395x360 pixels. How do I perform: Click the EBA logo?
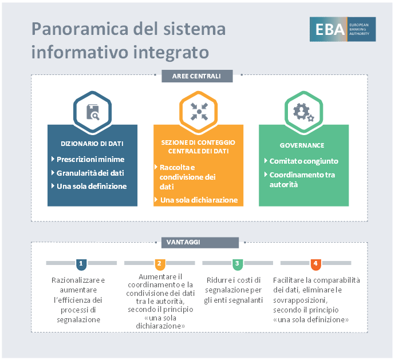click(x=342, y=29)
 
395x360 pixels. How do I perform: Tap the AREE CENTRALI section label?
click(x=197, y=76)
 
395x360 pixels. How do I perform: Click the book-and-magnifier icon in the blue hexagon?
click(x=93, y=112)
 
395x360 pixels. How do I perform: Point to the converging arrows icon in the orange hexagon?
click(x=199, y=112)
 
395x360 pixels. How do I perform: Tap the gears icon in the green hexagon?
click(x=303, y=112)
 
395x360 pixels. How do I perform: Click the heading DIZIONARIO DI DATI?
click(x=92, y=144)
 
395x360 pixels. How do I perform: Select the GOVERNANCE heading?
click(x=302, y=145)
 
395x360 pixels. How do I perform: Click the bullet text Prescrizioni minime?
click(x=90, y=160)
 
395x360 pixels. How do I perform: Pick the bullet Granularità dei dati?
click(x=90, y=173)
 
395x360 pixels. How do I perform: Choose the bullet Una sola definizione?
click(x=92, y=186)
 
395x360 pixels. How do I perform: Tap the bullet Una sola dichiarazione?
click(x=199, y=200)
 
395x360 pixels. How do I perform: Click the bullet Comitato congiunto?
click(x=304, y=161)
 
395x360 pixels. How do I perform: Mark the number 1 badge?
click(x=81, y=264)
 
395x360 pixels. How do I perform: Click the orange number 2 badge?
click(x=160, y=264)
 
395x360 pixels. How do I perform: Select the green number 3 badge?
click(x=238, y=264)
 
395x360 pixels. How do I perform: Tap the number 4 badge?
click(x=315, y=264)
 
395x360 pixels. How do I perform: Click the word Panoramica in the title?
click(x=80, y=29)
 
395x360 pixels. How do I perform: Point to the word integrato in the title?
click(x=171, y=53)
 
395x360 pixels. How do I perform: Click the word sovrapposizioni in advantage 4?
click(x=300, y=300)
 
